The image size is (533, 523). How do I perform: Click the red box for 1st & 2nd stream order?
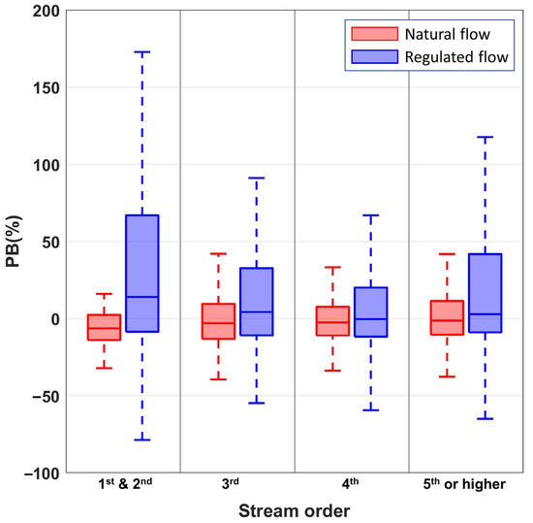tap(104, 327)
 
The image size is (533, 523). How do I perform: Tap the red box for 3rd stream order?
tap(218, 321)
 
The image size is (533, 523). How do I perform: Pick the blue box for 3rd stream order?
tap(256, 302)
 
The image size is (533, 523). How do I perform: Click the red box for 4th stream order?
tap(332, 321)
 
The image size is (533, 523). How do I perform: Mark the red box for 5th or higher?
tap(447, 317)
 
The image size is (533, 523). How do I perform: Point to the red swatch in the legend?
tap(361, 36)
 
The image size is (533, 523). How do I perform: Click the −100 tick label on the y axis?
tap(37, 473)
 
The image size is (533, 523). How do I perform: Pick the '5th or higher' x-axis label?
tap(466, 484)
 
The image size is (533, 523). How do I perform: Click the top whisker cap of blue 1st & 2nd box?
tap(141, 52)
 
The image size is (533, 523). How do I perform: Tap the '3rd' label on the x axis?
tap(236, 484)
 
